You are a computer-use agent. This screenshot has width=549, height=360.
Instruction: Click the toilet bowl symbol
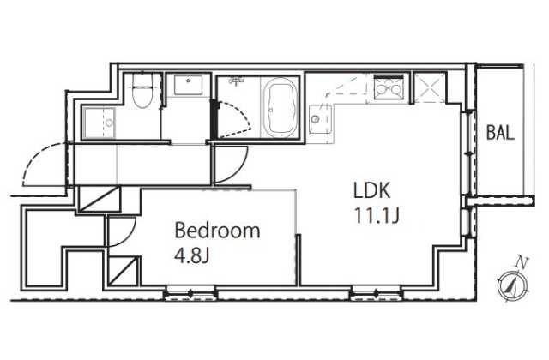(142, 91)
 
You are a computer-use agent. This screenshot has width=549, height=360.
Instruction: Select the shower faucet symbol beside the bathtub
(238, 81)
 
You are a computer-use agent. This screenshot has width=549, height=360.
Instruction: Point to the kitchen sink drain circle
(315, 119)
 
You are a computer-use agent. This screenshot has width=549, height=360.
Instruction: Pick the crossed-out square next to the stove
(429, 87)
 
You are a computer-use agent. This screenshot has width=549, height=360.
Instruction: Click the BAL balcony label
(500, 133)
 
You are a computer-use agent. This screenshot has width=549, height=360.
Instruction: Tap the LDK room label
(371, 191)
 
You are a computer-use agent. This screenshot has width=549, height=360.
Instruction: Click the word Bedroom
(217, 231)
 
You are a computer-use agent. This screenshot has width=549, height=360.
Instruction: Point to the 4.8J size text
(191, 255)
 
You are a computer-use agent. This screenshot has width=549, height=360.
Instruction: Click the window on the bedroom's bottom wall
(190, 293)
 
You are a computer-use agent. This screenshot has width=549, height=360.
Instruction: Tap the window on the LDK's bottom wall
(376, 293)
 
